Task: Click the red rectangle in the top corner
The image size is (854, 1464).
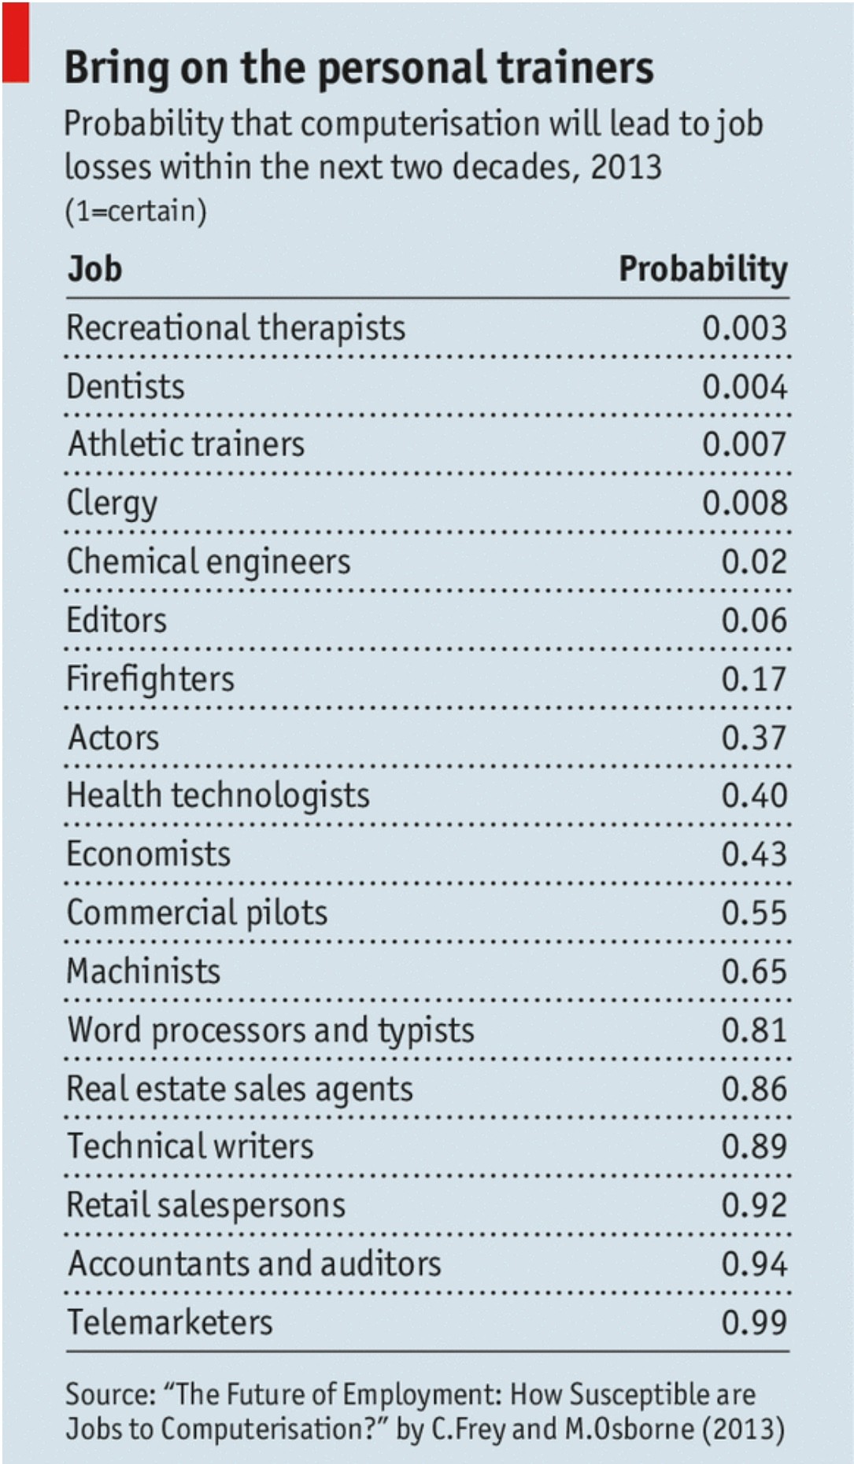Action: [16, 42]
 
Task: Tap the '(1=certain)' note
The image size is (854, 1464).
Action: [135, 211]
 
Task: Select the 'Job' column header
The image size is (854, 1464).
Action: [94, 269]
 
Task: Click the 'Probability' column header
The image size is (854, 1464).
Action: [702, 269]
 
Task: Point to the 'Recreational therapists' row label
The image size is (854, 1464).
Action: [235, 328]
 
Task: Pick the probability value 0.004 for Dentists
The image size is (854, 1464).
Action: [744, 386]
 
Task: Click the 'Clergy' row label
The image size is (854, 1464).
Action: [112, 503]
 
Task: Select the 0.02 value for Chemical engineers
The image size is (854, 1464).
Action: [753, 562]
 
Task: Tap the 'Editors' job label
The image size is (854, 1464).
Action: [116, 620]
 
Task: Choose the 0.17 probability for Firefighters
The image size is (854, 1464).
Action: [753, 679]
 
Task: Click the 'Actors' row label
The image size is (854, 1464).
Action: [113, 738]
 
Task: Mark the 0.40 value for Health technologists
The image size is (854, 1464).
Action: [753, 795]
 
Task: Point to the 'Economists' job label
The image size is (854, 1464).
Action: [148, 854]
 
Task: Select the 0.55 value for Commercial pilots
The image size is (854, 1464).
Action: [753, 913]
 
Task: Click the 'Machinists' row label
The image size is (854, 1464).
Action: [143, 972]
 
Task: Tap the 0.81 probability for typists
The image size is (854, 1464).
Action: [753, 1030]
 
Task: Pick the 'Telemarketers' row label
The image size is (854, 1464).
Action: [170, 1322]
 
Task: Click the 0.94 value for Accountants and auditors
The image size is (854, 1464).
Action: [753, 1264]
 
